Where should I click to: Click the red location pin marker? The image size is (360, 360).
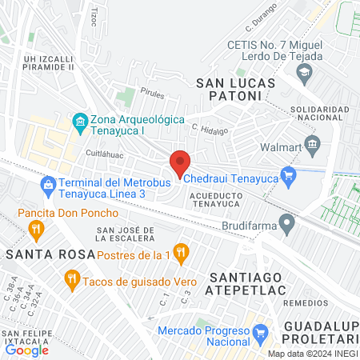coord(180,162)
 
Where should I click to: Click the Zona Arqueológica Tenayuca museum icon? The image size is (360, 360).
coord(80,122)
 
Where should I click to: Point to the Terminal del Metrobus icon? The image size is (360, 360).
coord(48,186)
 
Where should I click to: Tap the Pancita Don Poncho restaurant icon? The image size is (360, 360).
coord(35,230)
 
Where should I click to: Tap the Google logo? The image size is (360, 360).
coord(27,349)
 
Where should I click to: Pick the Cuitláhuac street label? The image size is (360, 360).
coord(104,150)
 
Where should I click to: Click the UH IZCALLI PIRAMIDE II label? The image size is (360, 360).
coord(49,62)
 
